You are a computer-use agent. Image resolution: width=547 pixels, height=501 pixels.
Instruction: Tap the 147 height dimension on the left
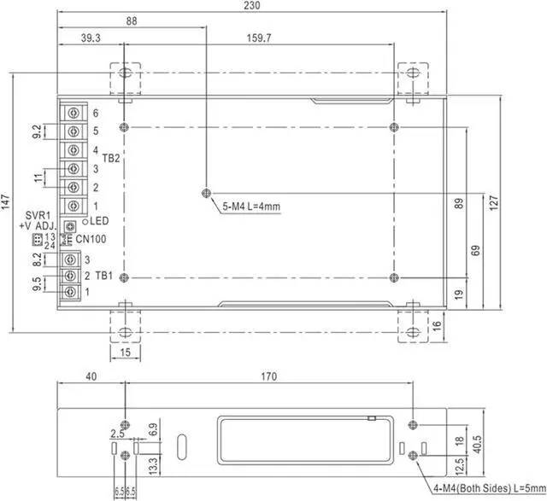pyautogui.click(x=7, y=202)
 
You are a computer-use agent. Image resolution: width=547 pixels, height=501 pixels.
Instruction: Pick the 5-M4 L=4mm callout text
pyautogui.click(x=251, y=206)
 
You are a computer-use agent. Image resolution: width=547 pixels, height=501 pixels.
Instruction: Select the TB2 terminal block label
pyautogui.click(x=111, y=158)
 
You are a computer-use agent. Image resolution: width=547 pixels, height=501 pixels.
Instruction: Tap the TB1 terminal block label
pyautogui.click(x=103, y=275)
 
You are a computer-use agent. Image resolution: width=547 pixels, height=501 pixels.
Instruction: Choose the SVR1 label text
pyautogui.click(x=35, y=215)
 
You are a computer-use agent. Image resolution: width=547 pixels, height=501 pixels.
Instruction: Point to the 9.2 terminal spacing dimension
pyautogui.click(x=37, y=131)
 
